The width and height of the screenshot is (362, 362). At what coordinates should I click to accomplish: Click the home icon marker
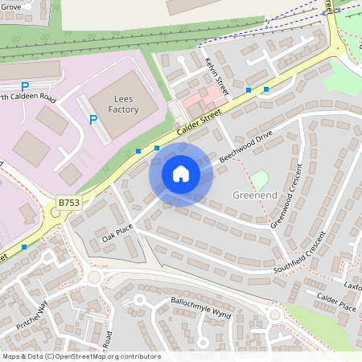point(181,174)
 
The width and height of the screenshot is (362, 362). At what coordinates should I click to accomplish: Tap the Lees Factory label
point(125,102)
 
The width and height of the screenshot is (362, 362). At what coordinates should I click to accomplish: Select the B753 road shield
point(68,204)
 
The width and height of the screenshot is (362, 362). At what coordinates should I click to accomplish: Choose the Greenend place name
point(255,195)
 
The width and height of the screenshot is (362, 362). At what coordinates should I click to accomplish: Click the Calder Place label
point(336,302)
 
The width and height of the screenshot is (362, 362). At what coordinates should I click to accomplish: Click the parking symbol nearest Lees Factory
point(94,120)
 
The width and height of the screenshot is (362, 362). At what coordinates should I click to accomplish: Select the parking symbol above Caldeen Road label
point(25,86)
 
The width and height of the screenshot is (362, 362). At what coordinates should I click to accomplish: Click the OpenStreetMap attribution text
point(81,356)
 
